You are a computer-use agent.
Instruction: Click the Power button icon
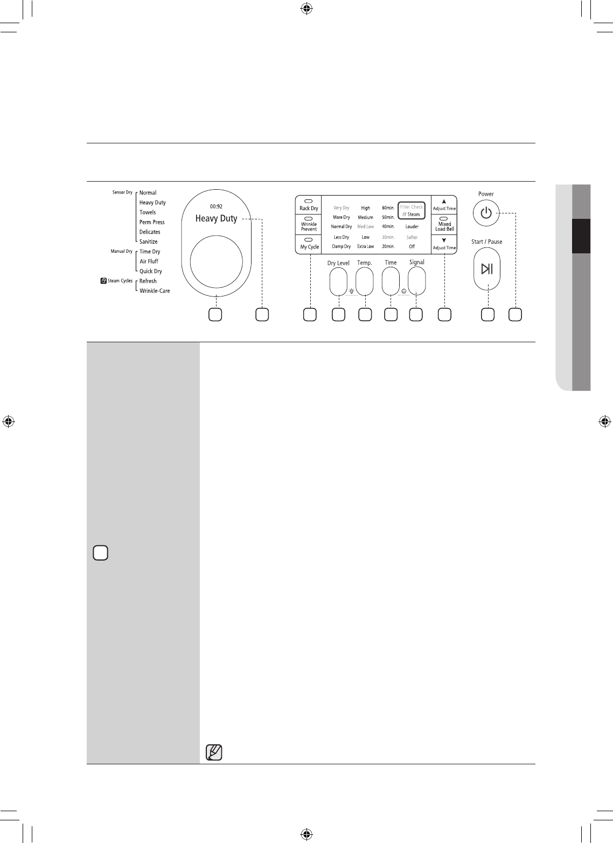[x=486, y=213]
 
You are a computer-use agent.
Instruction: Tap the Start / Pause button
[x=487, y=268]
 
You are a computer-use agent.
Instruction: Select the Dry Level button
[x=338, y=281]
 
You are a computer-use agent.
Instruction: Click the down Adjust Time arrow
[x=444, y=241]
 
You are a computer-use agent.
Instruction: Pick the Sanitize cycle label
[x=149, y=242]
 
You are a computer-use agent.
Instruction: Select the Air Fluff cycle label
[x=149, y=261]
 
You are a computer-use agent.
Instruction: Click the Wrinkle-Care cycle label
[x=155, y=291]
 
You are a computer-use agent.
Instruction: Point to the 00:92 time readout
[x=216, y=206]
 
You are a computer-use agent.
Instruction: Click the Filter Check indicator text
[x=412, y=207]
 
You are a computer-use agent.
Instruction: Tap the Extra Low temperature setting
[x=365, y=247]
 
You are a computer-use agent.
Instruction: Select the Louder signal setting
[x=412, y=227]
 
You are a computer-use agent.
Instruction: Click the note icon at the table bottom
[x=214, y=752]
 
